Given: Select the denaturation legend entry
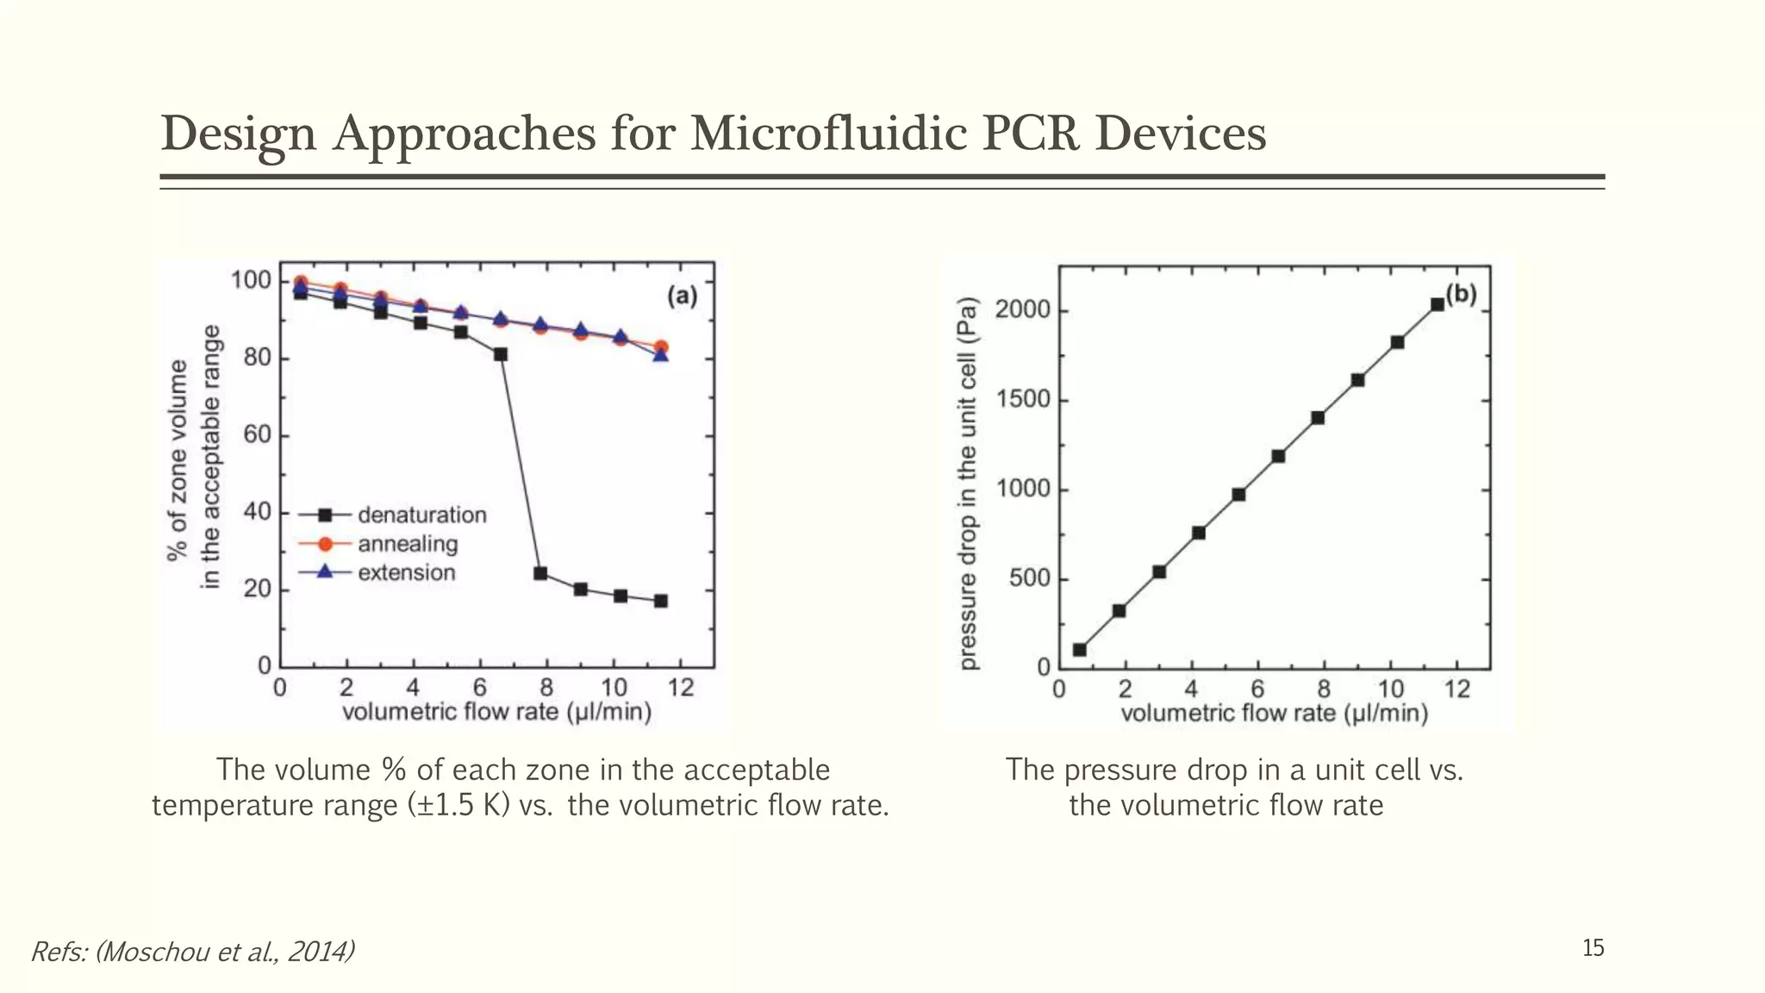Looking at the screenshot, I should pos(421,515).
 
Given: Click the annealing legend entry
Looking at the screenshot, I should pos(408,544).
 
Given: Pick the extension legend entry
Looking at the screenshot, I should pos(406,573).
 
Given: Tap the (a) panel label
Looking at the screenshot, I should pos(682,297).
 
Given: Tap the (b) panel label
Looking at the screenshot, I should pos(1461,295).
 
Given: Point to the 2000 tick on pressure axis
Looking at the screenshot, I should pos(1022,310).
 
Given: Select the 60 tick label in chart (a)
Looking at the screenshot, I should pos(257,435).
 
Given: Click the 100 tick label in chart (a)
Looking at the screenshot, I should pos(251,281).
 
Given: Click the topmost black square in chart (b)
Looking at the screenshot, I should pos(1437,304).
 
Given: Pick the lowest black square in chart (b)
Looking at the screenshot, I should pos(1079,650).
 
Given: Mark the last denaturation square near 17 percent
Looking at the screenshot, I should pos(660,601).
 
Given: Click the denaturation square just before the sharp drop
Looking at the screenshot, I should pos(501,354).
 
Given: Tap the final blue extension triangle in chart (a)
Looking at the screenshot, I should pos(660,355).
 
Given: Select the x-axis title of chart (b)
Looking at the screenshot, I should pos(1274,714).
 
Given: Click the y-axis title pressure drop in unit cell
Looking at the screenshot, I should pos(969,484).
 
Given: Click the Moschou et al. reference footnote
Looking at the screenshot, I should pos(192,952).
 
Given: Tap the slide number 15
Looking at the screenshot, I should pos(1593,948).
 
